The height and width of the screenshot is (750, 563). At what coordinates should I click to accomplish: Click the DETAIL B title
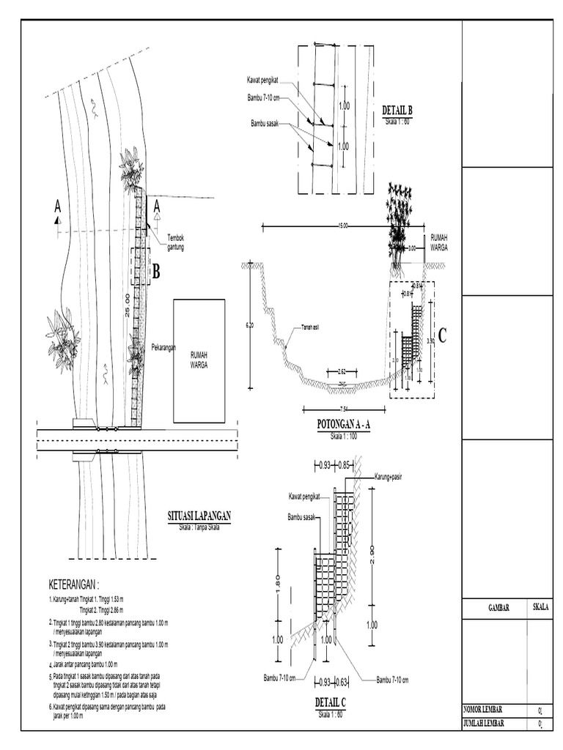point(398,111)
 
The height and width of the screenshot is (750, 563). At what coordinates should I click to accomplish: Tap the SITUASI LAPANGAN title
point(195,516)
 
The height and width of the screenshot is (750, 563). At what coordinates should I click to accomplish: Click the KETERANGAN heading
point(73,585)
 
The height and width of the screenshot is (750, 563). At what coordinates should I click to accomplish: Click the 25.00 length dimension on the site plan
point(128,303)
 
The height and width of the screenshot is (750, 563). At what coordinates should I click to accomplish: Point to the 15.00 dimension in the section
point(342,226)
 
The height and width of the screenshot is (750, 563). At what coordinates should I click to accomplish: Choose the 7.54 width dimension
point(343,408)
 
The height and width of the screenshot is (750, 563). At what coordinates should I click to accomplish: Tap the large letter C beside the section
point(442,335)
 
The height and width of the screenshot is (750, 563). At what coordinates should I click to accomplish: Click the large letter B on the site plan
point(155,274)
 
